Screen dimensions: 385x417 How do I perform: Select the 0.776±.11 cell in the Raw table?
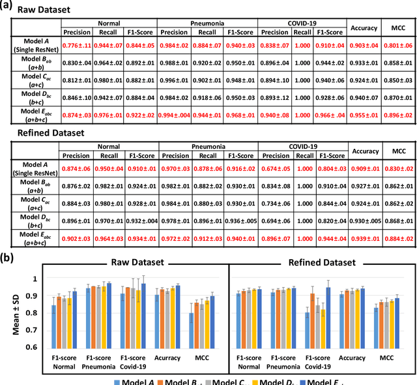tap(80, 45)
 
